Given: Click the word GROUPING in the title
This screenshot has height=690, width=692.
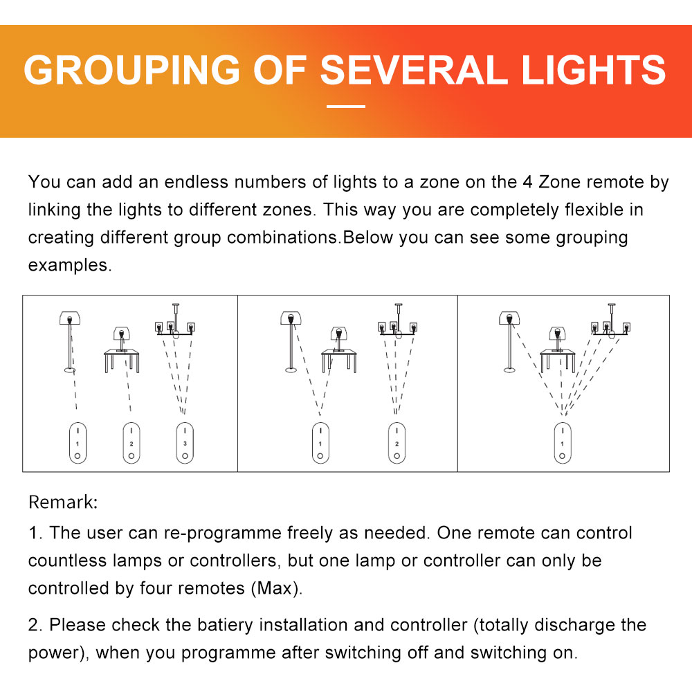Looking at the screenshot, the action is click(131, 70).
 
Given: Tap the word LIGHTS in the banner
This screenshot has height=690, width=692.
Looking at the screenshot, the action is click(594, 70).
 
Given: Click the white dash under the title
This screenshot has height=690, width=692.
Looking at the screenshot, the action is click(346, 107).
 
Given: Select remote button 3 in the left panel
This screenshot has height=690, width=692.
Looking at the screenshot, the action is click(185, 443).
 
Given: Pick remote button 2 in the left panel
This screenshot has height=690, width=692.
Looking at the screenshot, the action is click(131, 443).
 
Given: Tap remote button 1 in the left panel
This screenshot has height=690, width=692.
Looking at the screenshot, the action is click(78, 443).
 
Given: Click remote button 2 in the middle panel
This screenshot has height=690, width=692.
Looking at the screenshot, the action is click(397, 443).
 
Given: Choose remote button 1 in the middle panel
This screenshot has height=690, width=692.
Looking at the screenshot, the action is click(320, 443).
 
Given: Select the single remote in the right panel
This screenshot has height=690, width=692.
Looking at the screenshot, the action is click(562, 443).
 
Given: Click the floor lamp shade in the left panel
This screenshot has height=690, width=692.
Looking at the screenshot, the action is click(70, 318).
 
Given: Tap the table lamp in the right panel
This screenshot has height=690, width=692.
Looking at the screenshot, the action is click(557, 340).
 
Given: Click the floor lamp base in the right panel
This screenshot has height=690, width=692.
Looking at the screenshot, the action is click(510, 370).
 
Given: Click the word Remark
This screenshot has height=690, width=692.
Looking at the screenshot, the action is click(63, 502).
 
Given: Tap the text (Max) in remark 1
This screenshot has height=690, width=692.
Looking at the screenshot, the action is click(276, 588).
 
